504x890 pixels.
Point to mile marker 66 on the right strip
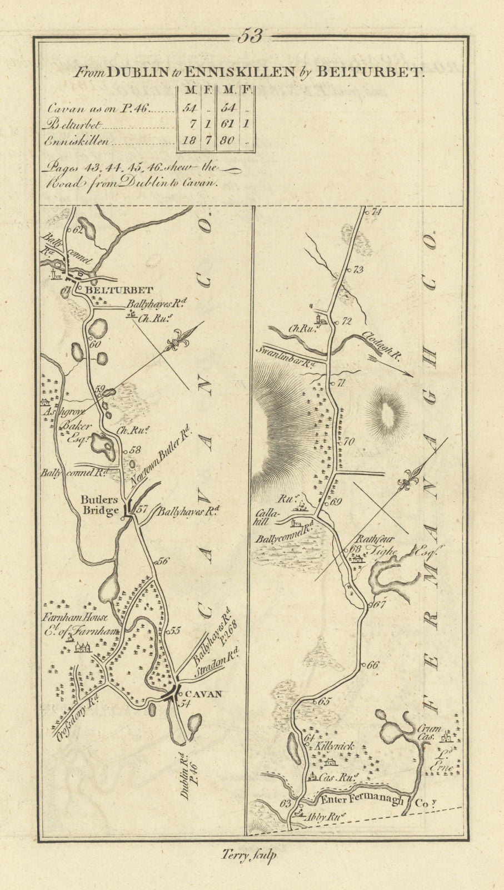click(x=372, y=665)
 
